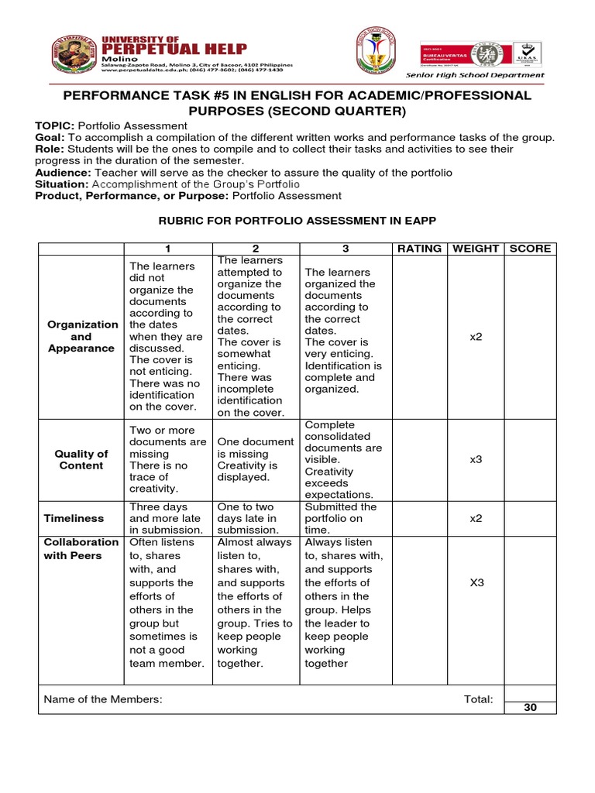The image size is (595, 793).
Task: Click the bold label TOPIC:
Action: (x=54, y=125)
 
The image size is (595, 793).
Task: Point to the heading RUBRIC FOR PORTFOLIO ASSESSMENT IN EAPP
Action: (x=297, y=221)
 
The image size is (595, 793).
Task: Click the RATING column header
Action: (x=419, y=249)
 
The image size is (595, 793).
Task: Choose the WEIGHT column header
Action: (x=476, y=249)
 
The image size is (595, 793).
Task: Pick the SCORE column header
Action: (x=530, y=249)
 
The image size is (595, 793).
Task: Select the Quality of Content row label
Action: (x=81, y=459)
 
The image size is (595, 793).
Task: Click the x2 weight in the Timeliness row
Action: (x=476, y=519)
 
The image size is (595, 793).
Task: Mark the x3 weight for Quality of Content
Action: (x=476, y=459)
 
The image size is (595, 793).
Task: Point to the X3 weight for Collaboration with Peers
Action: (x=477, y=582)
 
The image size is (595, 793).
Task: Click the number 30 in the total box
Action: (x=530, y=708)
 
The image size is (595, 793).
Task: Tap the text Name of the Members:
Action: (x=103, y=699)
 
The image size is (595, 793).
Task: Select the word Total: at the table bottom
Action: (x=478, y=699)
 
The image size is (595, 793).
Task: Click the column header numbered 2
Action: (x=256, y=249)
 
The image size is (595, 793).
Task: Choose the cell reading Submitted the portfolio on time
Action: (x=341, y=519)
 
